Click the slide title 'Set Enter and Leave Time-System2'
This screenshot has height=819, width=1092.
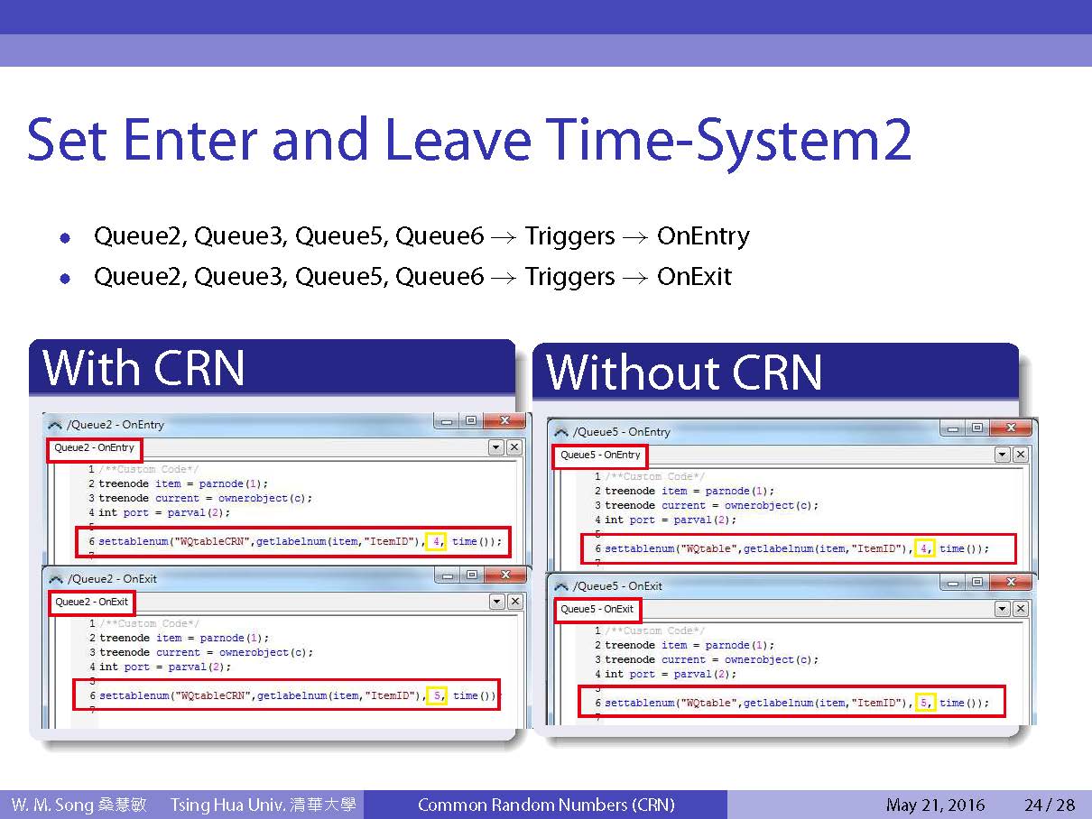[x=469, y=140]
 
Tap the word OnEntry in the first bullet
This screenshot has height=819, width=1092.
[x=703, y=236]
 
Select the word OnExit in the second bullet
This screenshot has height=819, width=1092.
[x=694, y=277]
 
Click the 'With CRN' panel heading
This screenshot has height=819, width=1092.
[x=143, y=368]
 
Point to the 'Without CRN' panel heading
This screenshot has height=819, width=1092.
[x=683, y=373]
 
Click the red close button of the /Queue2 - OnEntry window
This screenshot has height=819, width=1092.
[x=504, y=420]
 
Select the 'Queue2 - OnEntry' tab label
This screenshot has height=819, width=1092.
[x=94, y=447]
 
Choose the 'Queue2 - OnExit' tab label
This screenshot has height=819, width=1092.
[x=91, y=602]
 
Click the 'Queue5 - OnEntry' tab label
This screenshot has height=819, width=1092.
[x=600, y=455]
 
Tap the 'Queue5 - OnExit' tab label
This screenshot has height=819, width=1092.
[x=597, y=609]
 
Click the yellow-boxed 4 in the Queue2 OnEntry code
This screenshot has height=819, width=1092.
[x=436, y=541]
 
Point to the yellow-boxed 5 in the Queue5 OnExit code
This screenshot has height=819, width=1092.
[x=925, y=703]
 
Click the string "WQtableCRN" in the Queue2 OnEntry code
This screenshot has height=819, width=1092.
[x=212, y=541]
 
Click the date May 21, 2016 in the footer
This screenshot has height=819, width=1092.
[x=935, y=805]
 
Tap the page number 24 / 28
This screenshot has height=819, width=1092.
[x=1050, y=805]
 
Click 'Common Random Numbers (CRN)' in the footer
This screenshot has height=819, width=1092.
[x=546, y=805]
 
